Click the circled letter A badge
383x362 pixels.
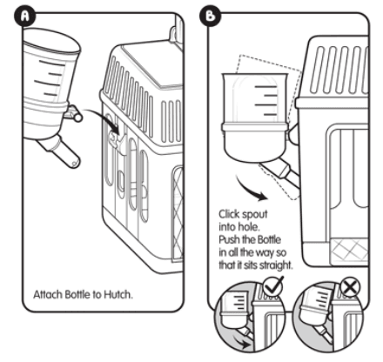point(24,17)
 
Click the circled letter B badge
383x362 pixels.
point(210,16)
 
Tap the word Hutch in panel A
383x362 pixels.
point(118,294)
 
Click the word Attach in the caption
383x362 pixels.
point(48,294)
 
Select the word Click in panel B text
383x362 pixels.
point(229,214)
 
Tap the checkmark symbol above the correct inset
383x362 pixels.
point(273,286)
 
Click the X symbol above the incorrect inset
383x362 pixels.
point(350,288)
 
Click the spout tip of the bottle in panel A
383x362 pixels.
point(75,163)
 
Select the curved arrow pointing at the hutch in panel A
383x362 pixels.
point(102,118)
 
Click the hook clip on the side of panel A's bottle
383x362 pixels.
point(73,114)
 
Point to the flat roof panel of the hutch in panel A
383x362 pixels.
point(151,64)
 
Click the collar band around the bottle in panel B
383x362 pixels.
point(255,127)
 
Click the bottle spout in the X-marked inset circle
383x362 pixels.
point(326,334)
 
